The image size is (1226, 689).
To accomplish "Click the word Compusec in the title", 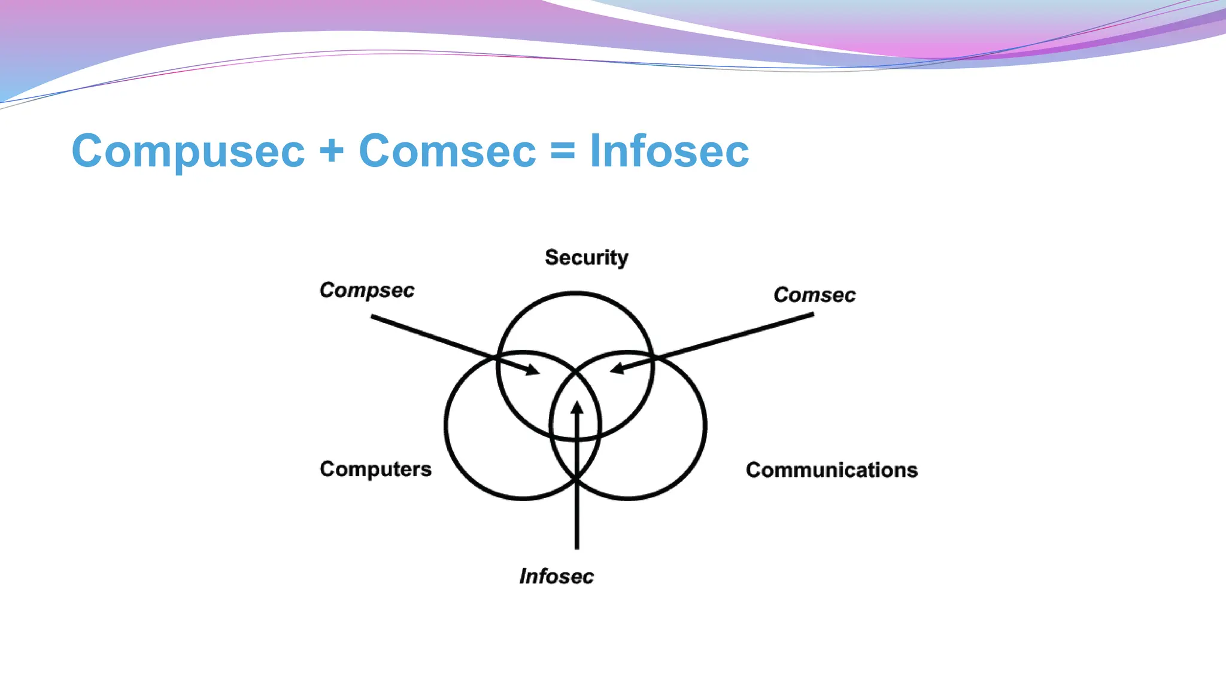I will click(x=188, y=151).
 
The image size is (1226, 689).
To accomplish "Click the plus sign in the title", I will click(x=332, y=151).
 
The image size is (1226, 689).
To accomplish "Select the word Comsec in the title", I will click(x=447, y=151).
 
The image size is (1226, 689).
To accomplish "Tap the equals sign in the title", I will click(x=562, y=151).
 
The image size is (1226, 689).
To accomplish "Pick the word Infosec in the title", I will click(x=669, y=151).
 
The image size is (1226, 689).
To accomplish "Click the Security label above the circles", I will click(x=586, y=257).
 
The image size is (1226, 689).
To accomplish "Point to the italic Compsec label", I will click(x=366, y=290).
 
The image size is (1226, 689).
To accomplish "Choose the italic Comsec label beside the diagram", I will click(x=814, y=295).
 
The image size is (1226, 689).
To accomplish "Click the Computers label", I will click(x=375, y=470).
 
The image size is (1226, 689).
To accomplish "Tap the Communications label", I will click(x=832, y=470).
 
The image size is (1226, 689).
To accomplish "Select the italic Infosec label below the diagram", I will click(x=556, y=577).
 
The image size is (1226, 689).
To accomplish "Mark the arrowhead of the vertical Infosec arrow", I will click(x=576, y=408).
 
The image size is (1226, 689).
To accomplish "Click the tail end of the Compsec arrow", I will click(x=373, y=317).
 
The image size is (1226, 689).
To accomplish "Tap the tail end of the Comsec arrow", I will click(x=812, y=315).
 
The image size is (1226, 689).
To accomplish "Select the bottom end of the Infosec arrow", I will click(x=576, y=547).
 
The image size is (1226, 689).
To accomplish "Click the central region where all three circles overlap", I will click(x=575, y=413).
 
